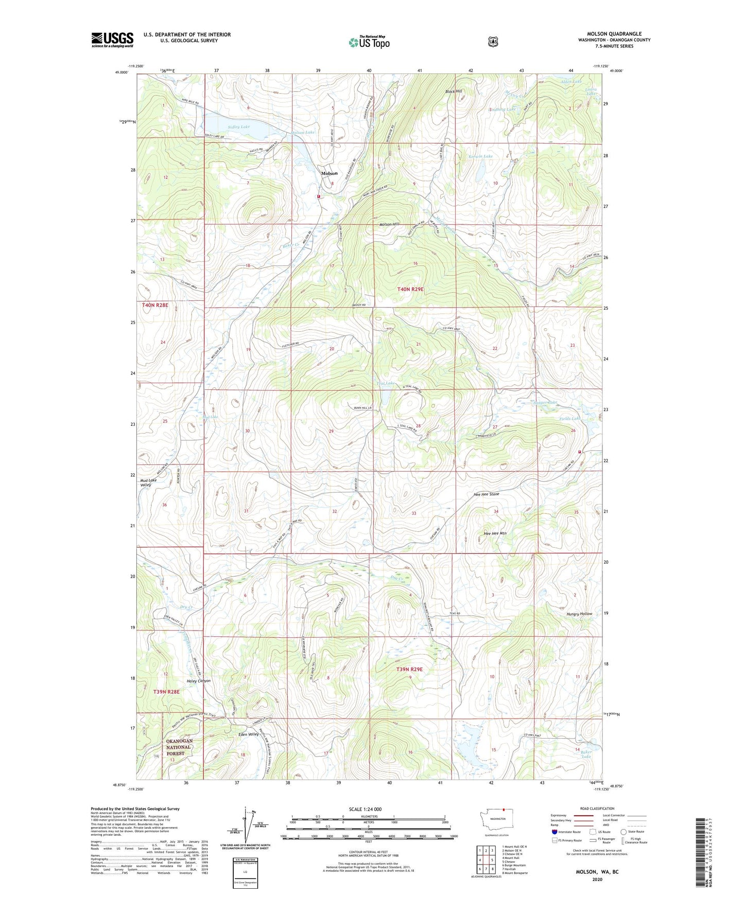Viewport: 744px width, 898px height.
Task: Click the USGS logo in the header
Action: coord(112,40)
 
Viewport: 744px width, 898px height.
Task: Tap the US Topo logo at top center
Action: coord(369,43)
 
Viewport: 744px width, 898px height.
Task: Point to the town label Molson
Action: coord(329,173)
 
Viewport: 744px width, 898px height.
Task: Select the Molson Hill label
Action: coord(389,224)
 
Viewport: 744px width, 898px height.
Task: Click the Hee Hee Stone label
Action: coord(486,494)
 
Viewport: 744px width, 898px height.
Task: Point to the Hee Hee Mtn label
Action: coord(495,533)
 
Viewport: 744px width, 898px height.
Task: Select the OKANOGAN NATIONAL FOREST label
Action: coord(179,747)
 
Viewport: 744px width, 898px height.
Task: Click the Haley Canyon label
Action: coord(196,681)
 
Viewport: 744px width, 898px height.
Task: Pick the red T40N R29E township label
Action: coord(410,290)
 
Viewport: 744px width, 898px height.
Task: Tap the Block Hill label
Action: coord(454,92)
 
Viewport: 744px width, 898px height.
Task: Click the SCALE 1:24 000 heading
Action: coord(365,809)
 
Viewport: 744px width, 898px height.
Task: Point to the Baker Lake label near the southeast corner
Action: coord(586,753)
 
